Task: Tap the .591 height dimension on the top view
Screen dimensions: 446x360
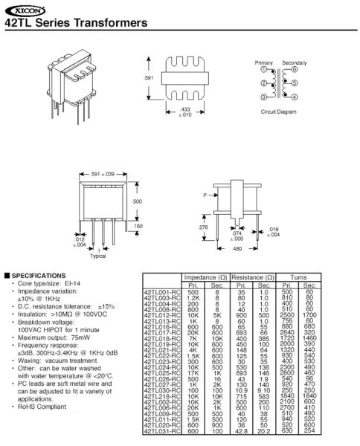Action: point(147,78)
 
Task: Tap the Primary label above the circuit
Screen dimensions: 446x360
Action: point(264,62)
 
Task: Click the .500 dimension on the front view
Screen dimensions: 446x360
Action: point(136,201)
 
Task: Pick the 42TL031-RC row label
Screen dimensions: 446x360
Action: point(158,430)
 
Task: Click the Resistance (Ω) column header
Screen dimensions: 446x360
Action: point(252,276)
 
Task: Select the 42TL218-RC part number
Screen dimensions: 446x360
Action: point(158,396)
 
